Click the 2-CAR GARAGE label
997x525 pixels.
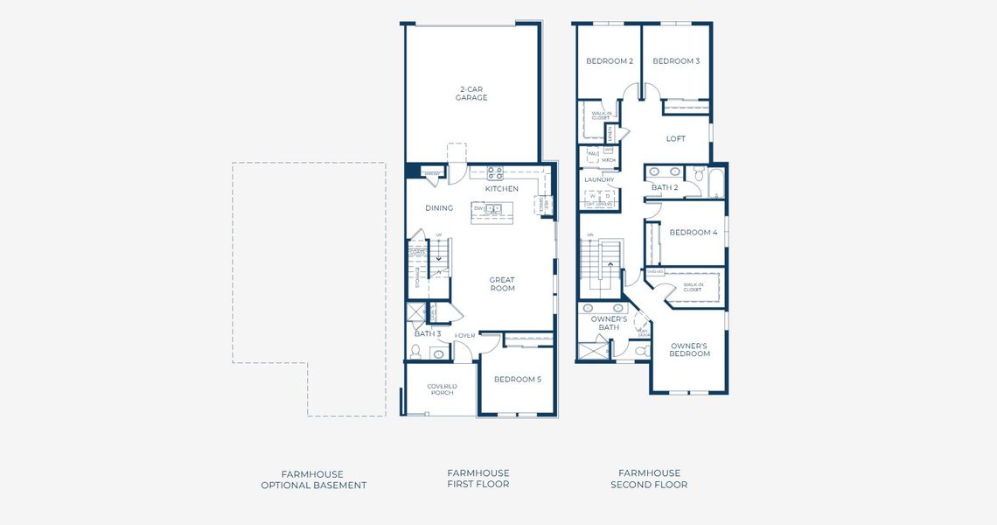point(471,93)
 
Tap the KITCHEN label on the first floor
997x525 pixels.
point(502,188)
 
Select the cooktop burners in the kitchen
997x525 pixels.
point(495,172)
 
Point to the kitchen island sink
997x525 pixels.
point(494,208)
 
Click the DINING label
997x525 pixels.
point(439,208)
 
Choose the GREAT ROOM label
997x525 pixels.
point(502,284)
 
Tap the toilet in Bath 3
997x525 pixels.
point(416,352)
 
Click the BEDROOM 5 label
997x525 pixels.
point(518,379)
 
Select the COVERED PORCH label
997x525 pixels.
point(442,389)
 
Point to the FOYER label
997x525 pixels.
point(464,335)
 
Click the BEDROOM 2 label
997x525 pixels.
point(610,61)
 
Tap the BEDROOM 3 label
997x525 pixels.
point(676,61)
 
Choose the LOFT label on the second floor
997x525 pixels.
point(676,138)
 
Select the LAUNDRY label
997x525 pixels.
point(599,179)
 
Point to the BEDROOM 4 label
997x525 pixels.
point(694,232)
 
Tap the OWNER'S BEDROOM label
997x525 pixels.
point(690,349)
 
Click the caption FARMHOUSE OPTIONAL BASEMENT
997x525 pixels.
point(313,479)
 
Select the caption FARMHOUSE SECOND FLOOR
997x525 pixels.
point(649,479)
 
